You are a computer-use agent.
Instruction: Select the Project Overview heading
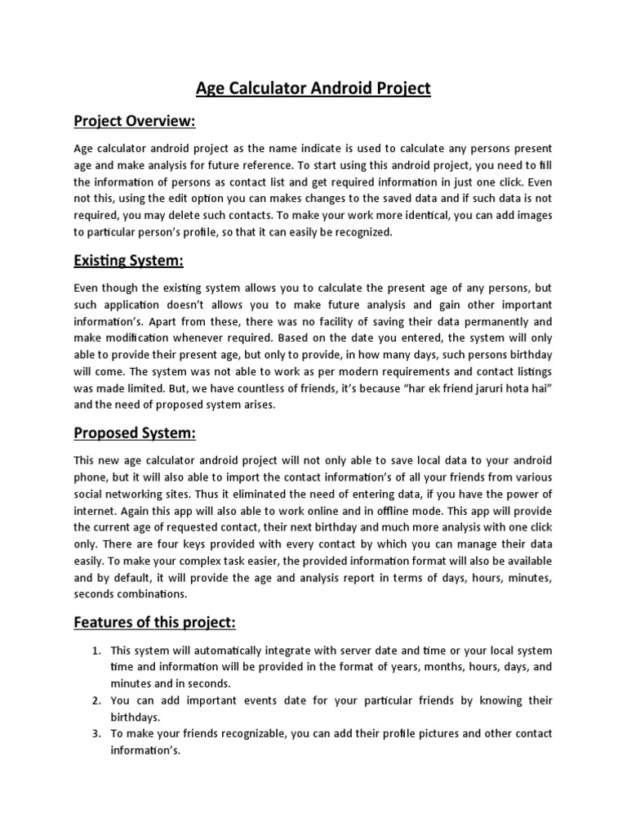(135, 122)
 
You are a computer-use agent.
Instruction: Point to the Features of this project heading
(154, 623)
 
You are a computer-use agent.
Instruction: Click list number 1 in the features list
(96, 651)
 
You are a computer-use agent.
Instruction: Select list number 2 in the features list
(96, 700)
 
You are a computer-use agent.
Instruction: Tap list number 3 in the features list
(96, 733)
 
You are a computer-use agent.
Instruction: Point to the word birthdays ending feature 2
(137, 717)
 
